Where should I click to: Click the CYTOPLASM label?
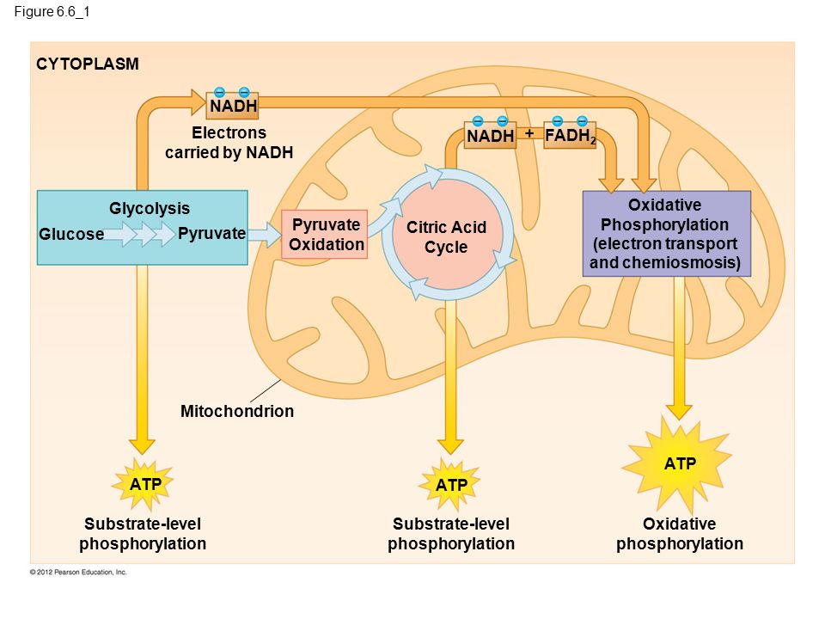(x=88, y=64)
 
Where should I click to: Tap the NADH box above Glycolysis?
(x=233, y=106)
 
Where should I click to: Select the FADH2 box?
(x=570, y=135)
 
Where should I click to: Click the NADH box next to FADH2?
(x=490, y=135)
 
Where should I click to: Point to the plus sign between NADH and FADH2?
(x=529, y=134)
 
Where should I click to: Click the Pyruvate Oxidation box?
(x=325, y=234)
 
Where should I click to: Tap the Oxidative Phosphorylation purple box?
(x=667, y=234)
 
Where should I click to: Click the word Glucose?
(x=71, y=234)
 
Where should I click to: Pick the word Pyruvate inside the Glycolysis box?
(x=211, y=233)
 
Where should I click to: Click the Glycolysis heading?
(x=150, y=208)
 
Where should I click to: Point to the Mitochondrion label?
(x=237, y=411)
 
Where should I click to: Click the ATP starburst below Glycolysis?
(x=144, y=484)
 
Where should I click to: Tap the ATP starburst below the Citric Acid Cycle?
(x=450, y=484)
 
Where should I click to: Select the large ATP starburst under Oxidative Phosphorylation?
(x=679, y=464)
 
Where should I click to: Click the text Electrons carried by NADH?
(x=229, y=142)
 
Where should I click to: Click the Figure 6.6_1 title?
(x=52, y=11)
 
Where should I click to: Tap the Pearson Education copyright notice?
(x=78, y=573)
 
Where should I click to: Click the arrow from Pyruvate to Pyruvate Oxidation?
(x=265, y=234)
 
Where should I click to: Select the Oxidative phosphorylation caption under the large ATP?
(x=679, y=534)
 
